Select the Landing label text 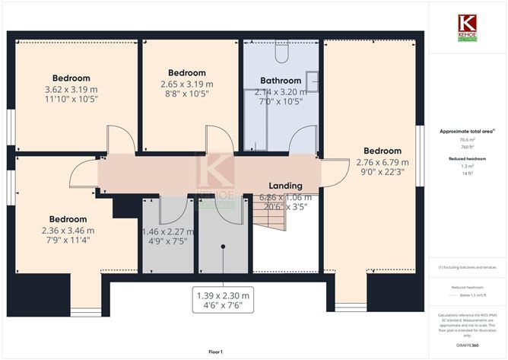tap(285, 185)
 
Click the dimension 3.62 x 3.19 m tap(71, 89)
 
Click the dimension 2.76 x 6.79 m tap(382, 161)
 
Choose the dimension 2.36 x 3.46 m tap(68, 231)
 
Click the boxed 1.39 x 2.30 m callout tap(223, 295)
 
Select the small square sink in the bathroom tap(312, 78)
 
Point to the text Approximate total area tap(466, 132)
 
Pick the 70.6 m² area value tap(467, 140)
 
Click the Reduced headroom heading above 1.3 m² tap(467, 158)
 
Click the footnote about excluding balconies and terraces tap(467, 267)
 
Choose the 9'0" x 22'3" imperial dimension tap(382, 172)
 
